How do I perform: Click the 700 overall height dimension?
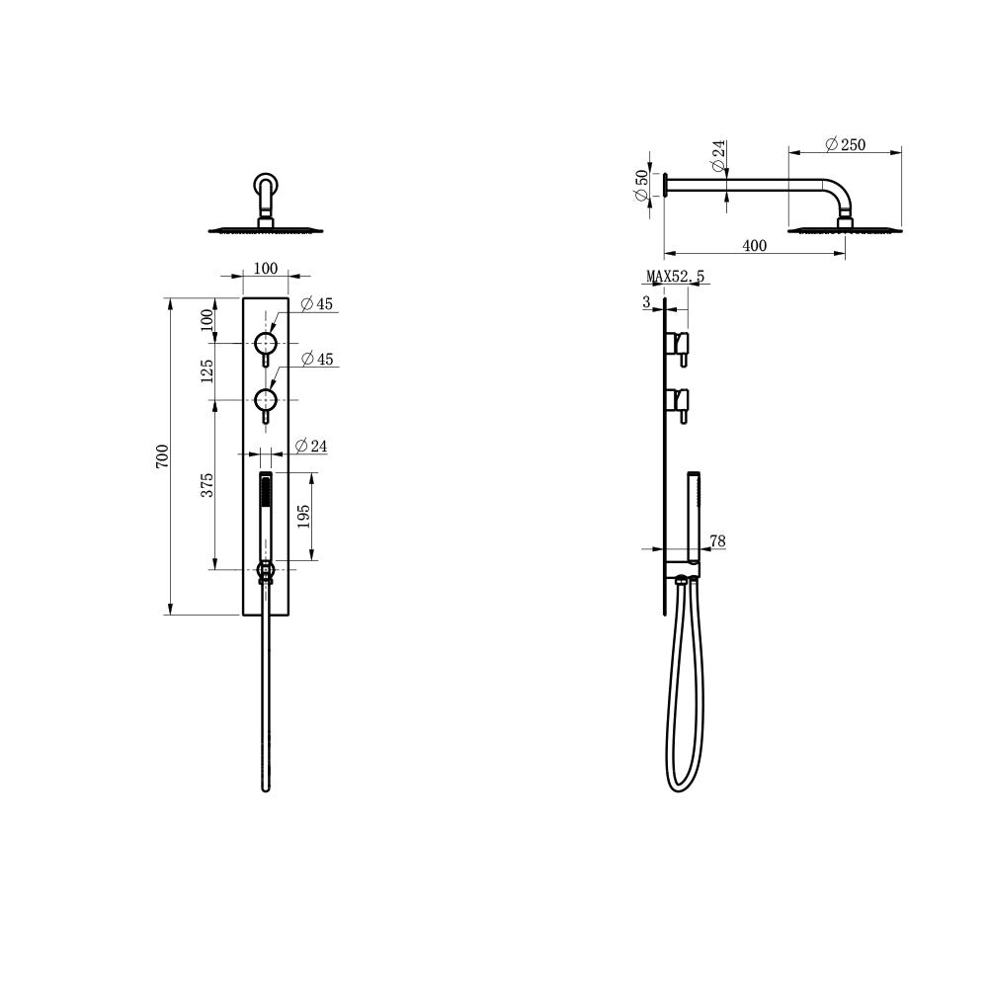(163, 455)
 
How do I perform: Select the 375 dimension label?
(207, 484)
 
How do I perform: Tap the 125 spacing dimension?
(206, 371)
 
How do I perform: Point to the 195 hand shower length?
(303, 516)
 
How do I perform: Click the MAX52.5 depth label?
(676, 276)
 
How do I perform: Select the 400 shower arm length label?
(754, 245)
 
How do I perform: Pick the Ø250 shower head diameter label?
(846, 144)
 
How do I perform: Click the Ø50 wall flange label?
(642, 186)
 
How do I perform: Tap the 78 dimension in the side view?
(717, 540)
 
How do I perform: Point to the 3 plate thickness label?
(646, 301)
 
